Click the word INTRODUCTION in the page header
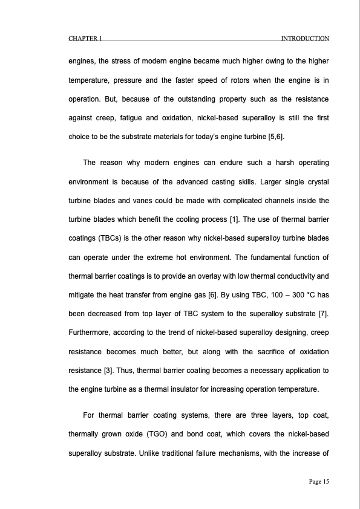305,39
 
